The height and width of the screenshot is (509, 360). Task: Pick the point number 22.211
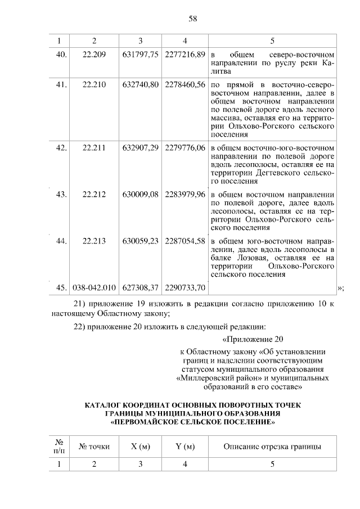point(94,148)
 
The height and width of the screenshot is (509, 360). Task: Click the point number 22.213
point(94,241)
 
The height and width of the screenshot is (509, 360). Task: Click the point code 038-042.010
point(94,287)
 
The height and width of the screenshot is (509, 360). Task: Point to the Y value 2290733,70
point(184,287)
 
